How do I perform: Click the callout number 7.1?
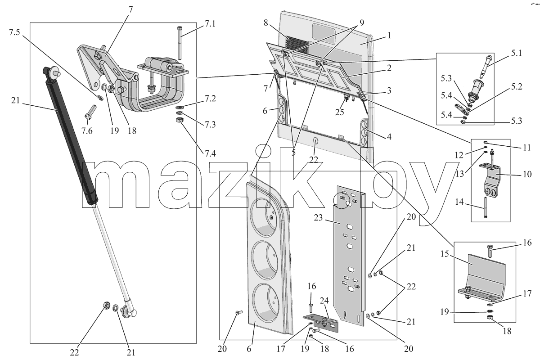point(210,24)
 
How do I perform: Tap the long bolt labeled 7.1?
point(180,43)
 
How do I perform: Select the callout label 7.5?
point(14,32)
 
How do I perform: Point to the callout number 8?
point(265,23)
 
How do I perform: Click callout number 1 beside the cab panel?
point(389,36)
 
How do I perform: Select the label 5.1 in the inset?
point(517,53)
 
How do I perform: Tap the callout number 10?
point(527,174)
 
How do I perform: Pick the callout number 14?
point(459,202)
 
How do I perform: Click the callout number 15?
point(445,254)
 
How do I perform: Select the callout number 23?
point(318,218)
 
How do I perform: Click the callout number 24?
point(324,301)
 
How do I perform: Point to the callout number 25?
point(339,112)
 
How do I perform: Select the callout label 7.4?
point(210,153)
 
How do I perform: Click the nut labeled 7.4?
point(180,120)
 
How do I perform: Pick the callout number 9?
point(362,22)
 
